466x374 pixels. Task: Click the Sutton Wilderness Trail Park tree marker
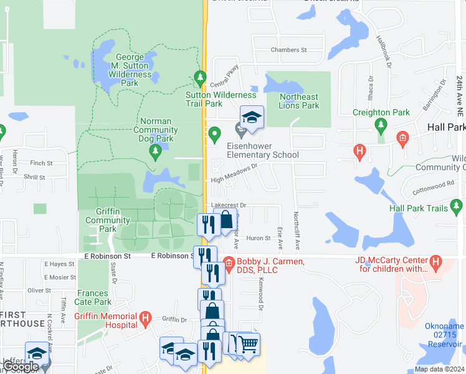(x=200, y=78)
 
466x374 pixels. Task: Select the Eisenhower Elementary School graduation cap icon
(x=252, y=117)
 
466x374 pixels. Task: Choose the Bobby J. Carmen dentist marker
(x=229, y=263)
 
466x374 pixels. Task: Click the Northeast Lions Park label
(x=298, y=101)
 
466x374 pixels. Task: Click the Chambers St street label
(x=289, y=50)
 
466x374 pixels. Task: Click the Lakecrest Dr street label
(x=229, y=204)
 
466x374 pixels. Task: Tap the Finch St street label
(x=41, y=163)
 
